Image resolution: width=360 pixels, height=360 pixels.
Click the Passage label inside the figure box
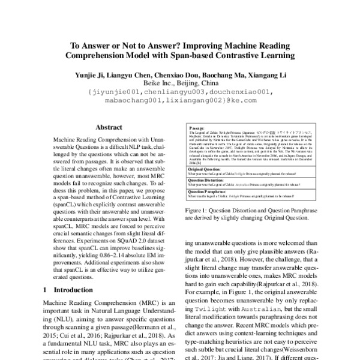click(197, 128)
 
